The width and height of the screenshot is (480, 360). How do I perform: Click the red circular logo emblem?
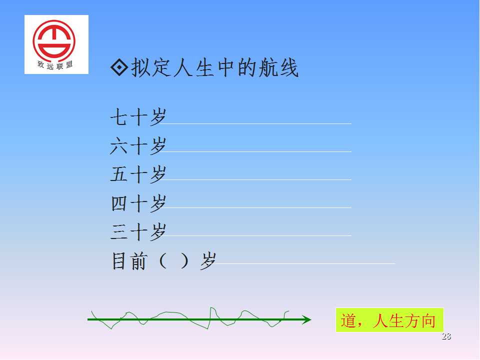pos(54,40)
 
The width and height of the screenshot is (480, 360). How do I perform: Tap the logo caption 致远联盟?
pos(55,64)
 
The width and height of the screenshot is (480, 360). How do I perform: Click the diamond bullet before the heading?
pos(119,67)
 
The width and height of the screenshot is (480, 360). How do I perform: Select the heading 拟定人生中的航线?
pos(214,67)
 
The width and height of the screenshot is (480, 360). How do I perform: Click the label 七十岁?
pos(138,117)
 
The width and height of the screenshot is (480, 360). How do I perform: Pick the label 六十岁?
pos(138,145)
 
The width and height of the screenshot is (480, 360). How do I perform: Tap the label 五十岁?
pos(138,174)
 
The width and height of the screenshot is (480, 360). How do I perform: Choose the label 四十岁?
pos(138,203)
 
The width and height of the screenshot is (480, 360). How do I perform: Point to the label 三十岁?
pos(138,231)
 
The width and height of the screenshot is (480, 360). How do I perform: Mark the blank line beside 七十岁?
pos(255,123)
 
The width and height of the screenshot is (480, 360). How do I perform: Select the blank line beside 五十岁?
pos(255,179)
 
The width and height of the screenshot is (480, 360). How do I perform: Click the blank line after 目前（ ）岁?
pos(304,263)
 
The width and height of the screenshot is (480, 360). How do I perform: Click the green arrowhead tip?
pos(311,319)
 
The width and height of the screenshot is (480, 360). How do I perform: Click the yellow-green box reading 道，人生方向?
pos(389,320)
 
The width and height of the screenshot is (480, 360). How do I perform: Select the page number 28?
pos(446,336)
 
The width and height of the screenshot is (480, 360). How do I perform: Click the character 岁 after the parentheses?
pos(208,261)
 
